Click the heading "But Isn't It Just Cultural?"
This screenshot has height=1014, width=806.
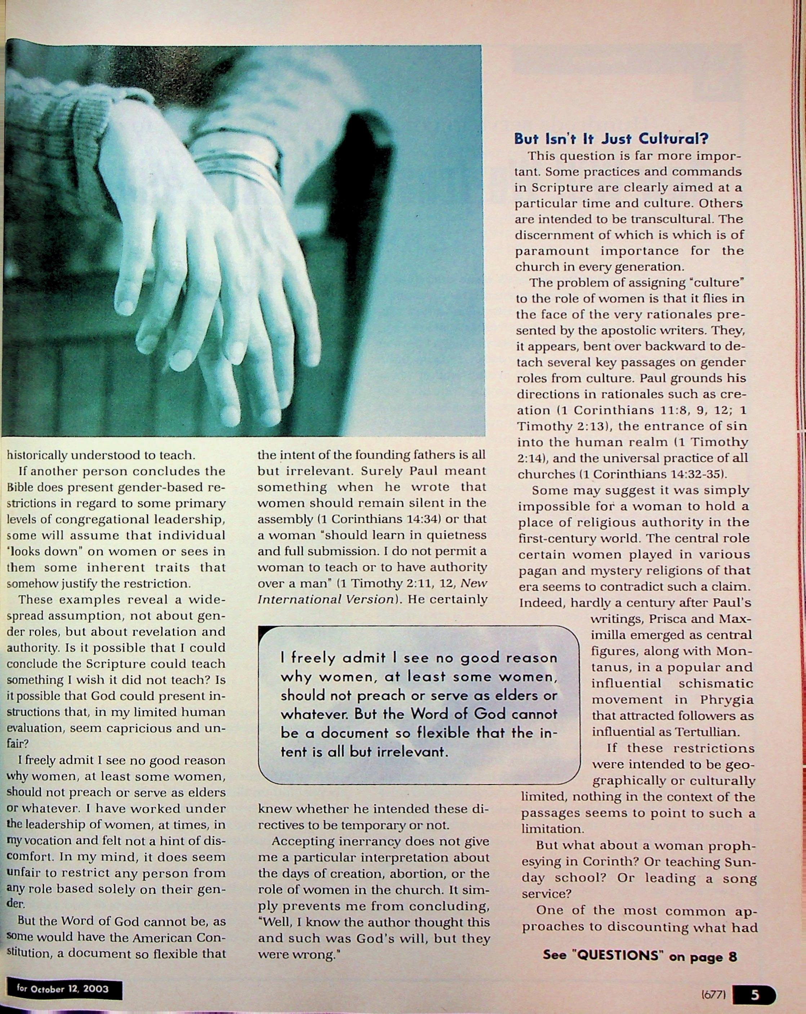click(611, 139)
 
